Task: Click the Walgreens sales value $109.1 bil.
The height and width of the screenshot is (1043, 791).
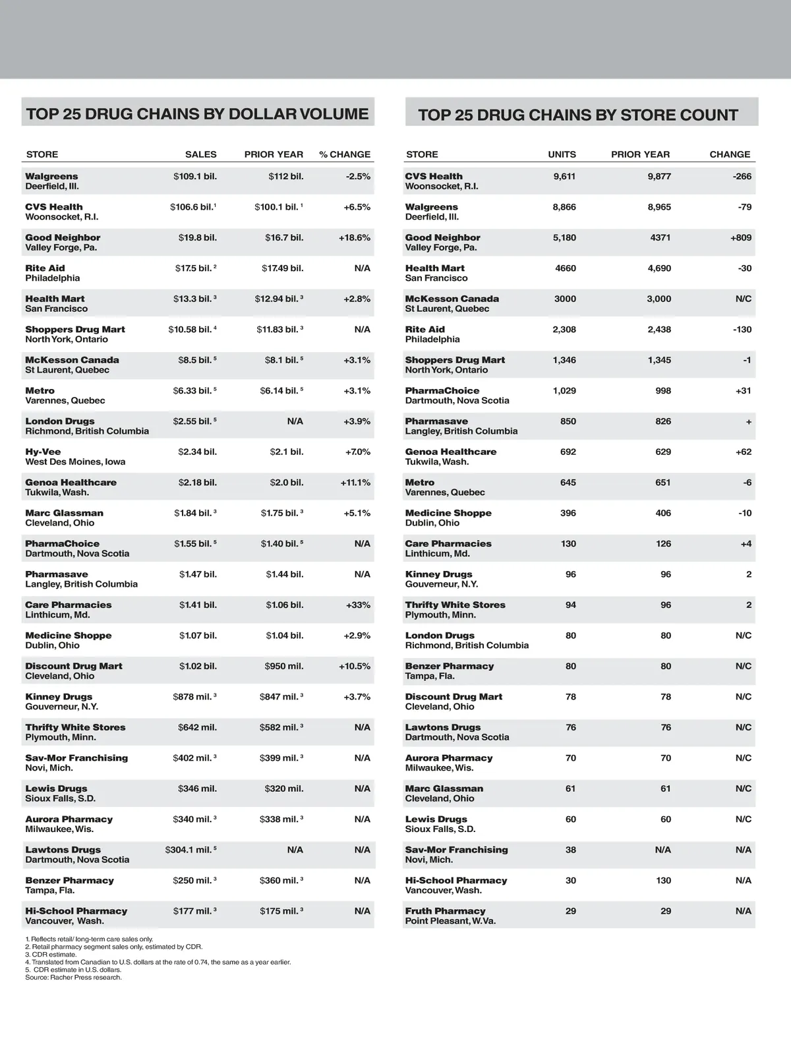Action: click(194, 177)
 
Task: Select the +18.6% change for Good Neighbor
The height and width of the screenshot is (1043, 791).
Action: click(355, 238)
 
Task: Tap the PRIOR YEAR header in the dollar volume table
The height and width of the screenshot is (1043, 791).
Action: click(274, 154)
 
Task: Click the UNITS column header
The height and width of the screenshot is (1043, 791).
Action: click(562, 154)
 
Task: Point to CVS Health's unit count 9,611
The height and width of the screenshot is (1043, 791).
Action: click(564, 177)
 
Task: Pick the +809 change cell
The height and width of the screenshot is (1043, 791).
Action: click(740, 238)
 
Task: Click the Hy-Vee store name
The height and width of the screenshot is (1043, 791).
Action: click(43, 452)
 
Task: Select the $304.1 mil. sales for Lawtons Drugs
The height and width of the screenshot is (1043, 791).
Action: click(190, 850)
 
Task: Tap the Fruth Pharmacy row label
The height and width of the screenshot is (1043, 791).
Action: click(445, 911)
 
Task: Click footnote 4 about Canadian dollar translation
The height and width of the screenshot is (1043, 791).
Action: click(158, 962)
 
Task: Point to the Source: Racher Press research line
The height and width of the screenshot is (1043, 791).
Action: click(73, 977)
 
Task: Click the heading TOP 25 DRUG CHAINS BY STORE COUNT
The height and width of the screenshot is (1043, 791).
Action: click(577, 115)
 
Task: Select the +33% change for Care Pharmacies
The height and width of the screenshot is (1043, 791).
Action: click(358, 605)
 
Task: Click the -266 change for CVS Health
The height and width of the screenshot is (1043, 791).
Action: click(742, 177)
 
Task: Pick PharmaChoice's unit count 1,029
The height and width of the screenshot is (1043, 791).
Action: click(564, 391)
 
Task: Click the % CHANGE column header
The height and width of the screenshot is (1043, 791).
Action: click(345, 154)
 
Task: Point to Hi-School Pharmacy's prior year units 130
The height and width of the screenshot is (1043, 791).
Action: click(663, 881)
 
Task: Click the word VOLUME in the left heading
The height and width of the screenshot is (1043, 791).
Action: click(334, 114)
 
